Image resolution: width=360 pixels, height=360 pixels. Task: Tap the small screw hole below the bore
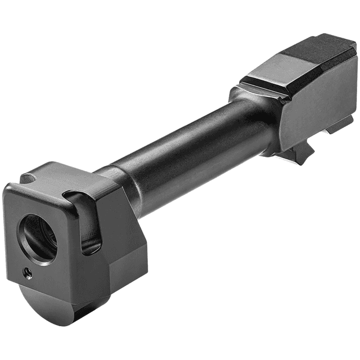[x=26, y=273]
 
